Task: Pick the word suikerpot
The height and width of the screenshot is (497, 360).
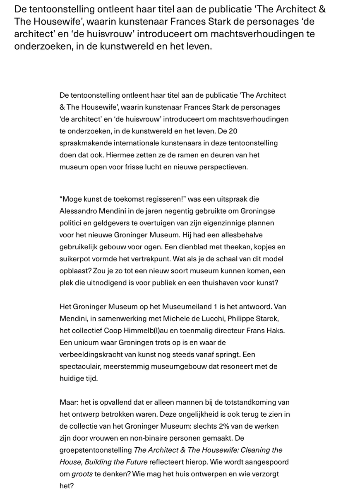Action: (x=74, y=259)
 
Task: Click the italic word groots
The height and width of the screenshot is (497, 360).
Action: (x=81, y=474)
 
